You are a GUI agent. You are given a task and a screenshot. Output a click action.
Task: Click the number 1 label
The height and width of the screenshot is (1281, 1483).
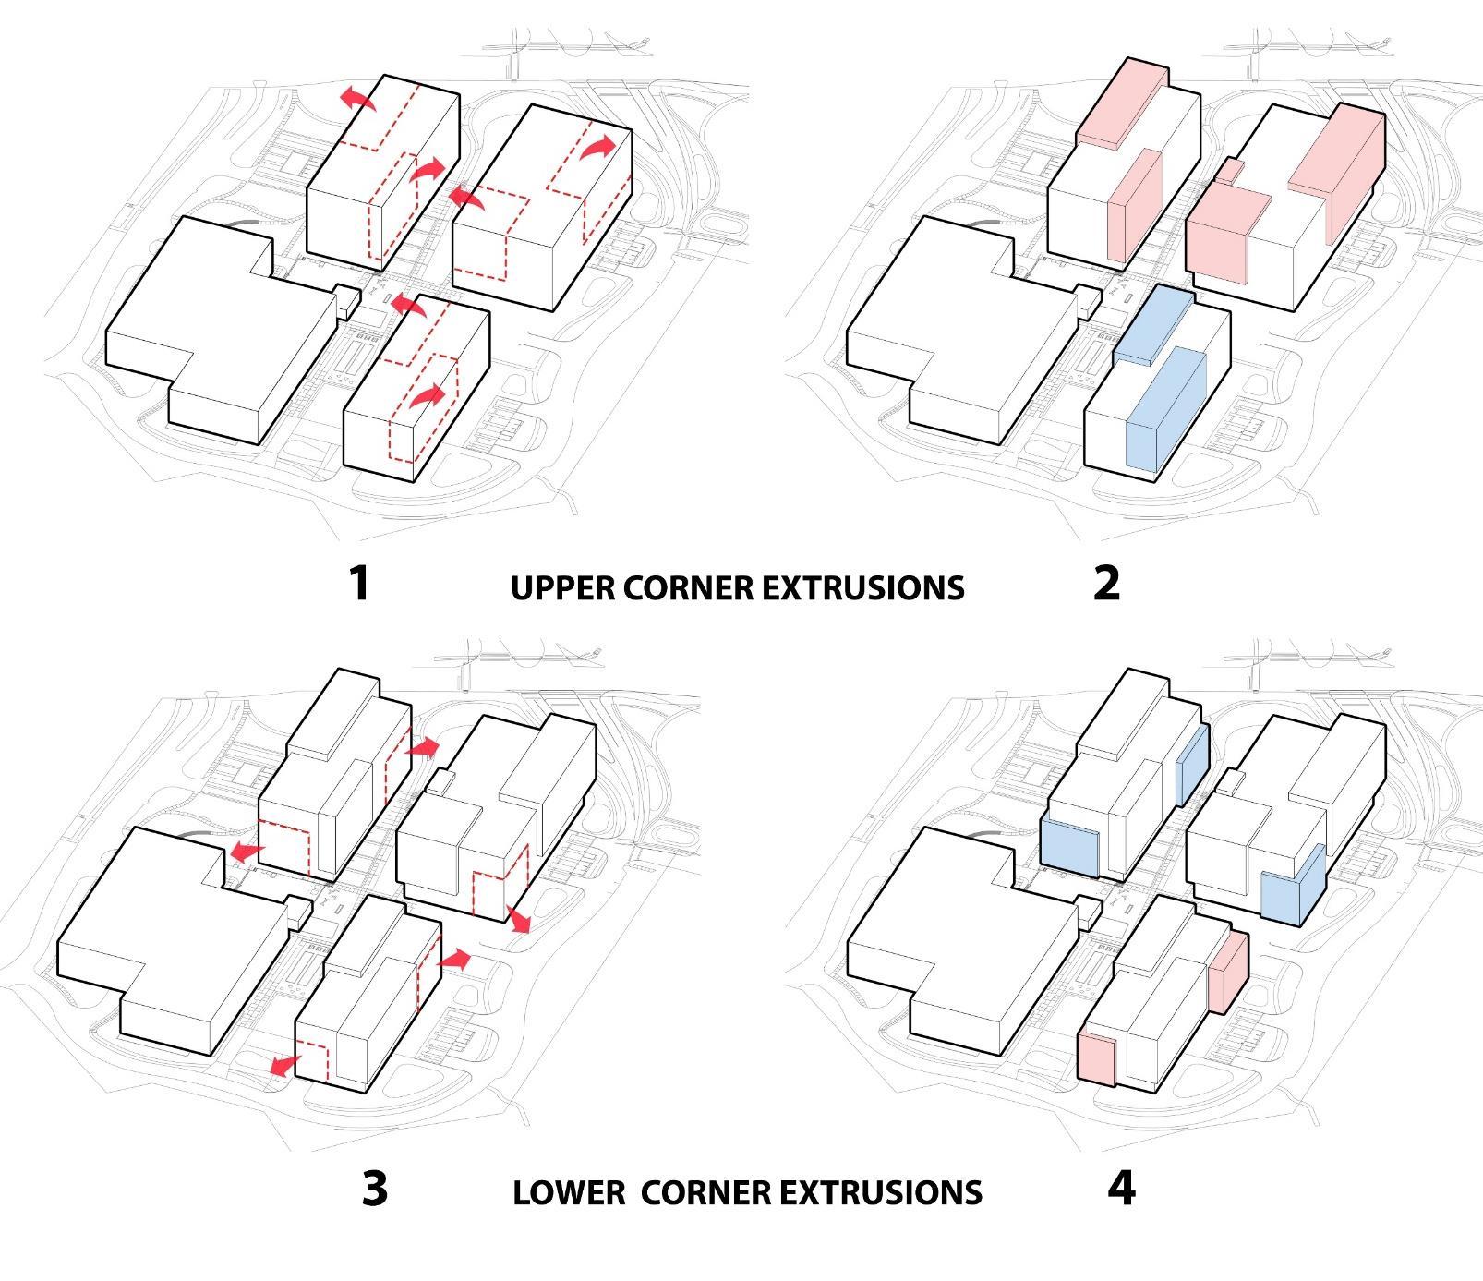(x=359, y=583)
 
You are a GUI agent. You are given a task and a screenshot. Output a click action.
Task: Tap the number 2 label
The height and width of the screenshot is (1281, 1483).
(x=1106, y=583)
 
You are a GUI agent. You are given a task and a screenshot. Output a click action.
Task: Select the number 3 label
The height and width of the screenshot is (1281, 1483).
(x=374, y=1189)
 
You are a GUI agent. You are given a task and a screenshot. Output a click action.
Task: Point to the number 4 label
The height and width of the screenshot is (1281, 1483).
(x=1121, y=1189)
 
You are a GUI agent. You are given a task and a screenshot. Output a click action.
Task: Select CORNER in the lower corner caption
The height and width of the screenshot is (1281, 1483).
(x=705, y=1192)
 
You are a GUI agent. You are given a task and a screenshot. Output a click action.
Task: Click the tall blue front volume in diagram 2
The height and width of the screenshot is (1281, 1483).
(x=1166, y=416)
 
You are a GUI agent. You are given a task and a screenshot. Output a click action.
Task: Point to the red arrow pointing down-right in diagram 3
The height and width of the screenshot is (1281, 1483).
(x=518, y=918)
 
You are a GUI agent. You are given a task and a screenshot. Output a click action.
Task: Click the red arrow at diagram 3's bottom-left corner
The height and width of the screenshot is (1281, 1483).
(x=283, y=1065)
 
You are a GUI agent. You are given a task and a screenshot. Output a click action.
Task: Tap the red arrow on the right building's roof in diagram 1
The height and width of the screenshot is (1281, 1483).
(x=598, y=146)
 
